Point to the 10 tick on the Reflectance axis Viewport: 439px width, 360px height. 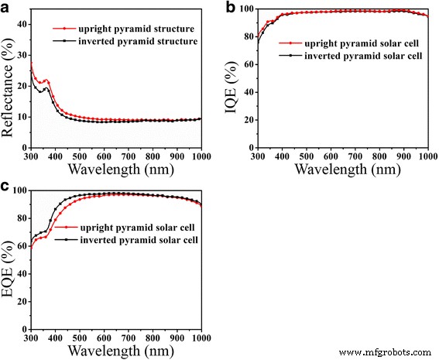click(21, 117)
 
